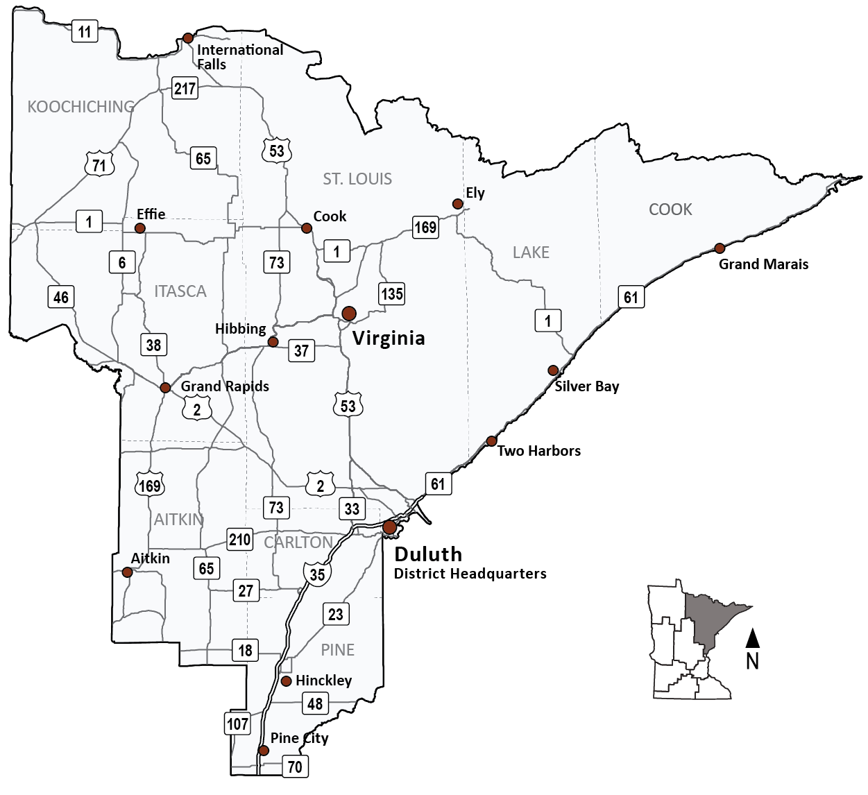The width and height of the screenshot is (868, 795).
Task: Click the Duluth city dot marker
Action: pos(390,527)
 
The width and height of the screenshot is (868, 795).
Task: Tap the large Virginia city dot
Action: pos(349,314)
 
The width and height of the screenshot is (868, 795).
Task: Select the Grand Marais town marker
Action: pos(720,248)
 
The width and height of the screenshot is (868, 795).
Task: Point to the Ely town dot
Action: pos(457,204)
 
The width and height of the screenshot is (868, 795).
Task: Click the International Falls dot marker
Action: pos(187,38)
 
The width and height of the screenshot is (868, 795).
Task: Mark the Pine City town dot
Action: pos(264,751)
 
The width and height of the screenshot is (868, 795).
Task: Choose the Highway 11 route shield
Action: pos(85,31)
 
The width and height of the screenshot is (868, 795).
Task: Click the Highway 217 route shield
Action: pos(185,88)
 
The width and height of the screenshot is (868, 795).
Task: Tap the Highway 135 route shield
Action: pos(391,293)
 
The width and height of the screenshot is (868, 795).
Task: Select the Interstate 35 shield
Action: pos(317,574)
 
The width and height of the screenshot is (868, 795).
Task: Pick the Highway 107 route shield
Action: pos(237,724)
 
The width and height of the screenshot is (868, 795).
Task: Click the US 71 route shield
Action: pos(99,165)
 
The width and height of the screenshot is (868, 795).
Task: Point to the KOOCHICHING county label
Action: pos(81,107)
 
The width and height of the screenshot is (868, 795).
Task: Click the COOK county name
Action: pos(670,210)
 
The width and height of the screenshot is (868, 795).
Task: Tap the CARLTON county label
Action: pos(298,542)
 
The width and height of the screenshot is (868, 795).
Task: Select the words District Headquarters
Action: pos(470,574)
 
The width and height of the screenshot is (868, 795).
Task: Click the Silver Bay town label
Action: pos(586,386)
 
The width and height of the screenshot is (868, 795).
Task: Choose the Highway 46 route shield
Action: pos(61,298)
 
